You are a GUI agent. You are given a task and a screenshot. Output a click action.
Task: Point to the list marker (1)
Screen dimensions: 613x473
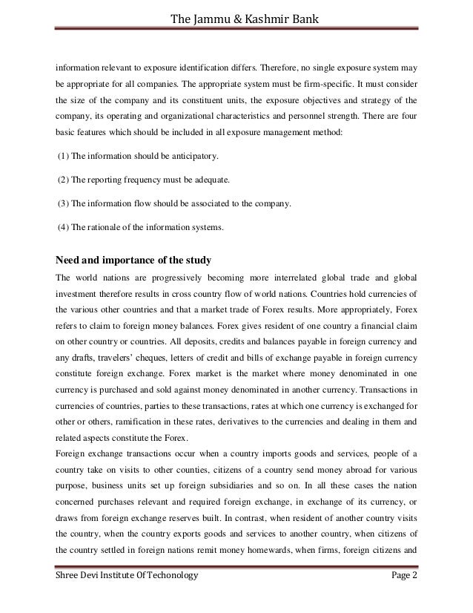63,159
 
